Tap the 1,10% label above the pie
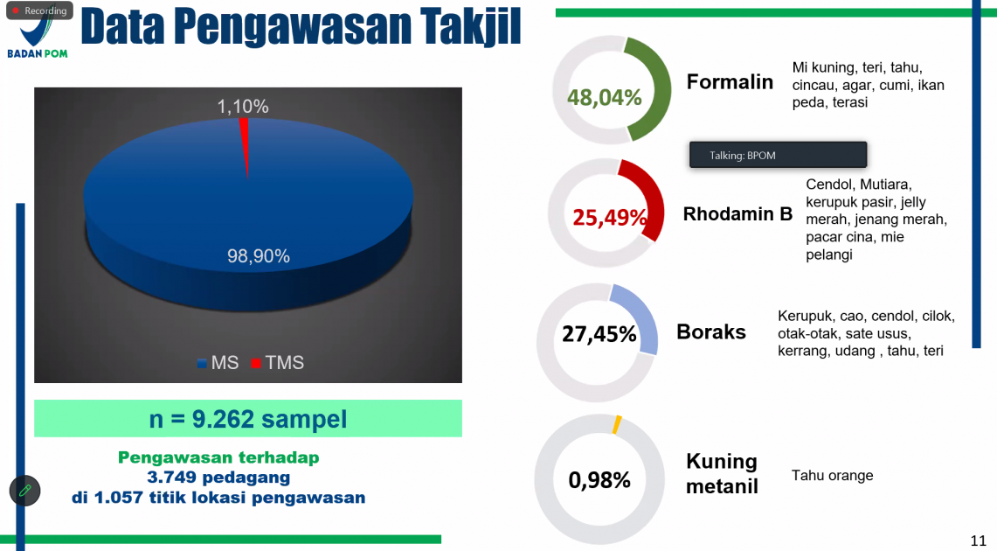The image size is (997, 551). tap(243, 106)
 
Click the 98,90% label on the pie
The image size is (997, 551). tap(259, 255)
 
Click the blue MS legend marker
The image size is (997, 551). tap(202, 363)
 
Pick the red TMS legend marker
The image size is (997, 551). tap(256, 363)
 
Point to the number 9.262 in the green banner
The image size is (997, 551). tap(223, 419)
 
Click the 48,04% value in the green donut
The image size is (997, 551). tap(605, 97)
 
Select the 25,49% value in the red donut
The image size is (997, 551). tap(610, 218)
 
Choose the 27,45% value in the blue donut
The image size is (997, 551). tap(599, 333)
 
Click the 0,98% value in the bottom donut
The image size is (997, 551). tap(599, 480)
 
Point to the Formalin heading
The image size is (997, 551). tap(730, 82)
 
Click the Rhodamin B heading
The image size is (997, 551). tap(737, 213)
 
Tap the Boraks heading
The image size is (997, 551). tap(711, 331)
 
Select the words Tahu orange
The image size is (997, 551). tap(833, 475)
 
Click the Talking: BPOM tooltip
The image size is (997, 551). tap(779, 155)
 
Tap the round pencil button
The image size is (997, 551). tap(24, 491)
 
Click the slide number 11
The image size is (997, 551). tap(978, 541)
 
